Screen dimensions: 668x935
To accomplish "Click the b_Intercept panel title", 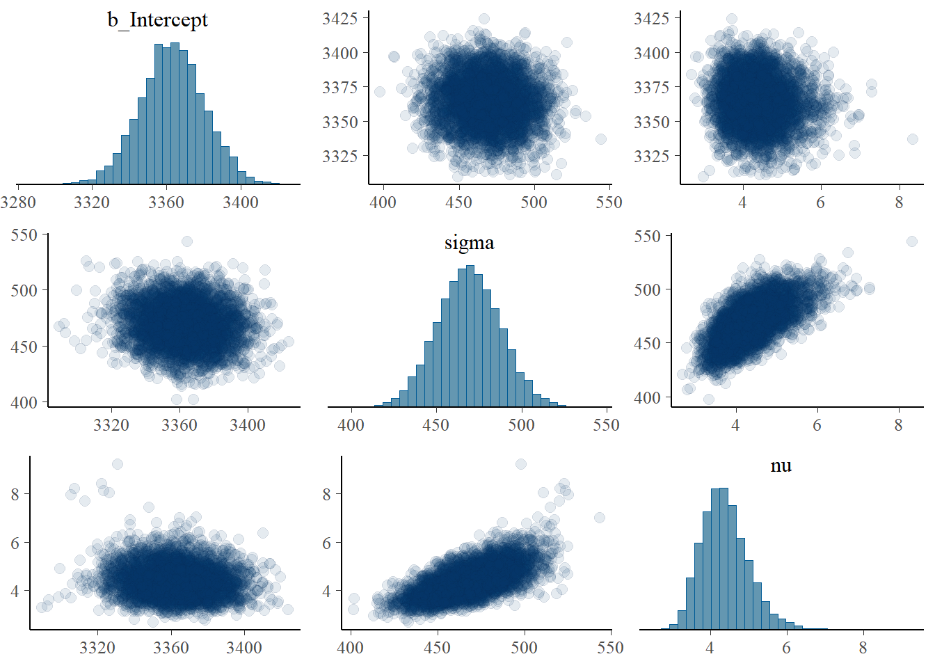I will pyautogui.click(x=157, y=20).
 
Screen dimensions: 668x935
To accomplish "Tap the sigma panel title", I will pyautogui.click(x=469, y=243).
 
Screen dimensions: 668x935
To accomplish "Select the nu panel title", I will pyautogui.click(x=781, y=466).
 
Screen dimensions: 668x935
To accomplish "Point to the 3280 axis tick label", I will pyautogui.click(x=18, y=202).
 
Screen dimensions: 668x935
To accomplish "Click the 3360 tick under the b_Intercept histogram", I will pyautogui.click(x=166, y=202).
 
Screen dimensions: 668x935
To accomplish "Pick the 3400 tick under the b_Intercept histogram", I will pyautogui.click(x=241, y=202).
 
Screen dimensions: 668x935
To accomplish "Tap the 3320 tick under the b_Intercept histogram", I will pyautogui.click(x=92, y=202).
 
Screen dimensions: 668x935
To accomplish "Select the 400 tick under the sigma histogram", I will pyautogui.click(x=351, y=425).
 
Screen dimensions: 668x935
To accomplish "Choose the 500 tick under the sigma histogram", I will pyautogui.click(x=521, y=425).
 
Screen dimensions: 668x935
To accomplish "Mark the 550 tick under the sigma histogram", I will pyautogui.click(x=606, y=425).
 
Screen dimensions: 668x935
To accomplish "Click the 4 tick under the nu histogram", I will pyautogui.click(x=710, y=648).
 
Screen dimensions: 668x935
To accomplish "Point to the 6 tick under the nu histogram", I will pyautogui.click(x=786, y=648).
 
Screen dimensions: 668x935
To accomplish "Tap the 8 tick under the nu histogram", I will pyautogui.click(x=863, y=648).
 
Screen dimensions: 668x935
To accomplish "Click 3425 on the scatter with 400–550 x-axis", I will pyautogui.click(x=339, y=19).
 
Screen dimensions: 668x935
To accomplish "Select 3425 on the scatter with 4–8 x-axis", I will pyautogui.click(x=651, y=19).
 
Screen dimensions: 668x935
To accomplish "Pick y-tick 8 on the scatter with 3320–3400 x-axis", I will pyautogui.click(x=15, y=494).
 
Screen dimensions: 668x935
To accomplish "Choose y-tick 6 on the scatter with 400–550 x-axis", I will pyautogui.click(x=327, y=543).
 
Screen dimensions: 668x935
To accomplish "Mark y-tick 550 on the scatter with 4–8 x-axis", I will pyautogui.click(x=647, y=237).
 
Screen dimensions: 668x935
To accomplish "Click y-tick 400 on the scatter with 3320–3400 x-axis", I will pyautogui.click(x=24, y=402).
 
